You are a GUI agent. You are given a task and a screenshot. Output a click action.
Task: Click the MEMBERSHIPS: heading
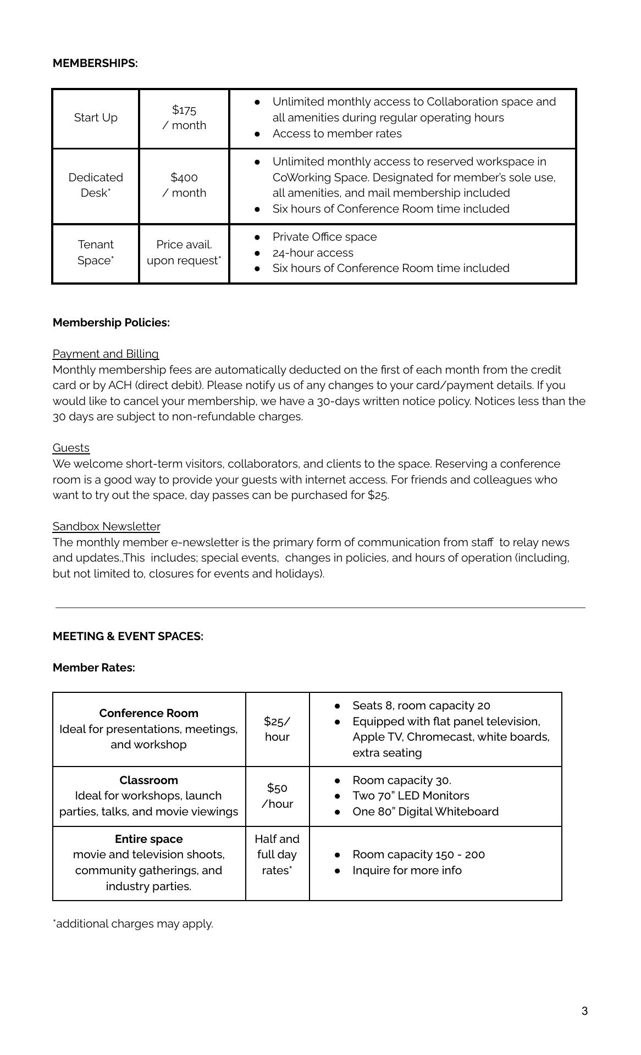click(x=95, y=63)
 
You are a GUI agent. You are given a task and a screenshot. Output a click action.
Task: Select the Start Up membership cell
click(x=96, y=118)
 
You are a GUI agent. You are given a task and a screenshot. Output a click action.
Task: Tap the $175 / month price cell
click(x=184, y=118)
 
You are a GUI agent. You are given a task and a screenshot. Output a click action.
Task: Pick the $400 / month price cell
click(x=184, y=185)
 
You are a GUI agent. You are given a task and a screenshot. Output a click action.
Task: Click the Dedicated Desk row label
click(x=96, y=185)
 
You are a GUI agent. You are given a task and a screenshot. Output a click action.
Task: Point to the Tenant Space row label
click(x=96, y=252)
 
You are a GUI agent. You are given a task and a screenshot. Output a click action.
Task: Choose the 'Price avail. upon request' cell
click(x=184, y=252)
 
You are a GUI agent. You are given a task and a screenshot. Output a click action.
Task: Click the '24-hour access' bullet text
click(x=313, y=253)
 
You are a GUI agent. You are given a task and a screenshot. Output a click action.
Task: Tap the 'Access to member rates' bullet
click(x=337, y=134)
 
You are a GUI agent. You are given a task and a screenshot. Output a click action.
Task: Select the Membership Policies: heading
click(x=111, y=323)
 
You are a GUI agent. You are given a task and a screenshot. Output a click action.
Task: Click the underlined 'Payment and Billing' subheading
click(x=106, y=354)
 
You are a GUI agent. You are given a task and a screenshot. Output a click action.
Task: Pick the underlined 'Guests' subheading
click(x=71, y=448)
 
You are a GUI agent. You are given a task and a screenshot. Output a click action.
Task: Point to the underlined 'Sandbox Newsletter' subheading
click(x=106, y=526)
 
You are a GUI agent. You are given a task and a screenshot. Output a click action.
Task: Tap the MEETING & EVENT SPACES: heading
click(x=128, y=636)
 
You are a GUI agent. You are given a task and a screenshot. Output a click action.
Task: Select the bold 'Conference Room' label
click(x=148, y=713)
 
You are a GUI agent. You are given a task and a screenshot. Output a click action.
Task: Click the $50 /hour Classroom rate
click(x=277, y=796)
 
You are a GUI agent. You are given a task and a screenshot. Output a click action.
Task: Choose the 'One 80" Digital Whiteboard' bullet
click(x=426, y=812)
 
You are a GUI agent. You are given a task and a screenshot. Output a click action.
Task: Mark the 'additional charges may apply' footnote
click(x=133, y=924)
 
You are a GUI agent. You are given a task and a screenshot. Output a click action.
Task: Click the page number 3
click(x=584, y=1011)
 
